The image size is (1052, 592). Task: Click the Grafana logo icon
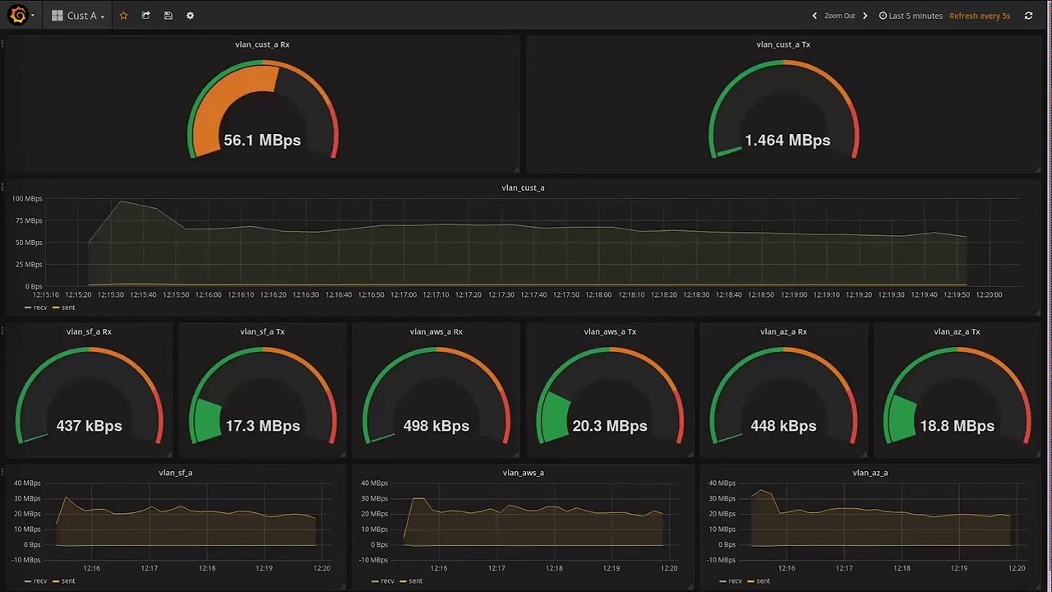18,15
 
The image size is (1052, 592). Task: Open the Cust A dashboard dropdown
78,16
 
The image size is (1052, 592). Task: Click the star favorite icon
123,16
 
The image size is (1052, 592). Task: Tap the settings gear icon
190,16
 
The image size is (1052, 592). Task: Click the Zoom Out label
840,16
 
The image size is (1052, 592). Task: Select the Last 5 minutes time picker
911,16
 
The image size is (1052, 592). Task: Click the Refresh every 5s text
980,16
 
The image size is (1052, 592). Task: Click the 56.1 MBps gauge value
262,140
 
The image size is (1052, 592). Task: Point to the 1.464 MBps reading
787,140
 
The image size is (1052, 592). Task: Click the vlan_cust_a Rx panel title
262,44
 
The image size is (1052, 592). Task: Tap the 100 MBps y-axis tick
27,199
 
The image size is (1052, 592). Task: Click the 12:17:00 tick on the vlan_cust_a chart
404,294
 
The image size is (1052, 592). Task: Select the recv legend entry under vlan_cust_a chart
35,308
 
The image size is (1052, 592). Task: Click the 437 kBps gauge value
90,426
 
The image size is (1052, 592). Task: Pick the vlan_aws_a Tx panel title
610,331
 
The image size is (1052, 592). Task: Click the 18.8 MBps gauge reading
957,426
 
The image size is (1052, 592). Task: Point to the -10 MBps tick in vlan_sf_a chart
27,560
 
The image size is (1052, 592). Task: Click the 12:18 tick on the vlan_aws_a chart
554,568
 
